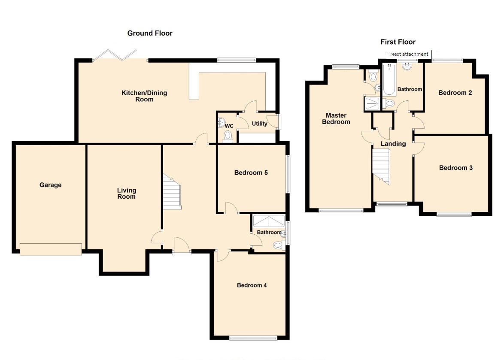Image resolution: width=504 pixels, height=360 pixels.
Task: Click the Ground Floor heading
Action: tap(150, 33)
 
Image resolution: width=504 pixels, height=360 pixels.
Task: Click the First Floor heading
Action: tap(398, 42)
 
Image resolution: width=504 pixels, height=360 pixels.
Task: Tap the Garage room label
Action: tap(51, 185)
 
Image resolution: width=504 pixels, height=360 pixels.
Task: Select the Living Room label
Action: tap(127, 194)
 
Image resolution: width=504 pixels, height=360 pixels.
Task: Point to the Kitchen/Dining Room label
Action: tap(144, 96)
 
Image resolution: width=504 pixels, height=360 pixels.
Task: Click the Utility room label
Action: tap(259, 124)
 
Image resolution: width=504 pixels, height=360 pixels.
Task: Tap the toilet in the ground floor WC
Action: tap(228, 136)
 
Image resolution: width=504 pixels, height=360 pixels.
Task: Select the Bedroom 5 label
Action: tap(251, 173)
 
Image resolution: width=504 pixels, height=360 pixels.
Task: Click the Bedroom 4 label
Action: tap(252, 285)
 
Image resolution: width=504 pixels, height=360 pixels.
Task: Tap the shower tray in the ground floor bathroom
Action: tap(269, 221)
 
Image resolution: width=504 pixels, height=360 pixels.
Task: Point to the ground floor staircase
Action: tap(172, 192)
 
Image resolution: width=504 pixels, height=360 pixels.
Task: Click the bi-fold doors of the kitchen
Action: tap(115, 55)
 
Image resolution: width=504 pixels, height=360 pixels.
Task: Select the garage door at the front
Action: tap(51, 250)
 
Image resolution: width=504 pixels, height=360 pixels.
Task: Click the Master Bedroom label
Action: tap(336, 118)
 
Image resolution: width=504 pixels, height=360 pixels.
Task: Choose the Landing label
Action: tap(393, 144)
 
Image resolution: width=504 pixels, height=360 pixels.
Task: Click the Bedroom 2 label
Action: tap(455, 93)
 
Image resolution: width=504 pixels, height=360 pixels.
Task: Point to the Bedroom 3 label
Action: tap(456, 168)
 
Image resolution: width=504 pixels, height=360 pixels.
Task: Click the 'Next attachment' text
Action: tap(409, 54)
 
